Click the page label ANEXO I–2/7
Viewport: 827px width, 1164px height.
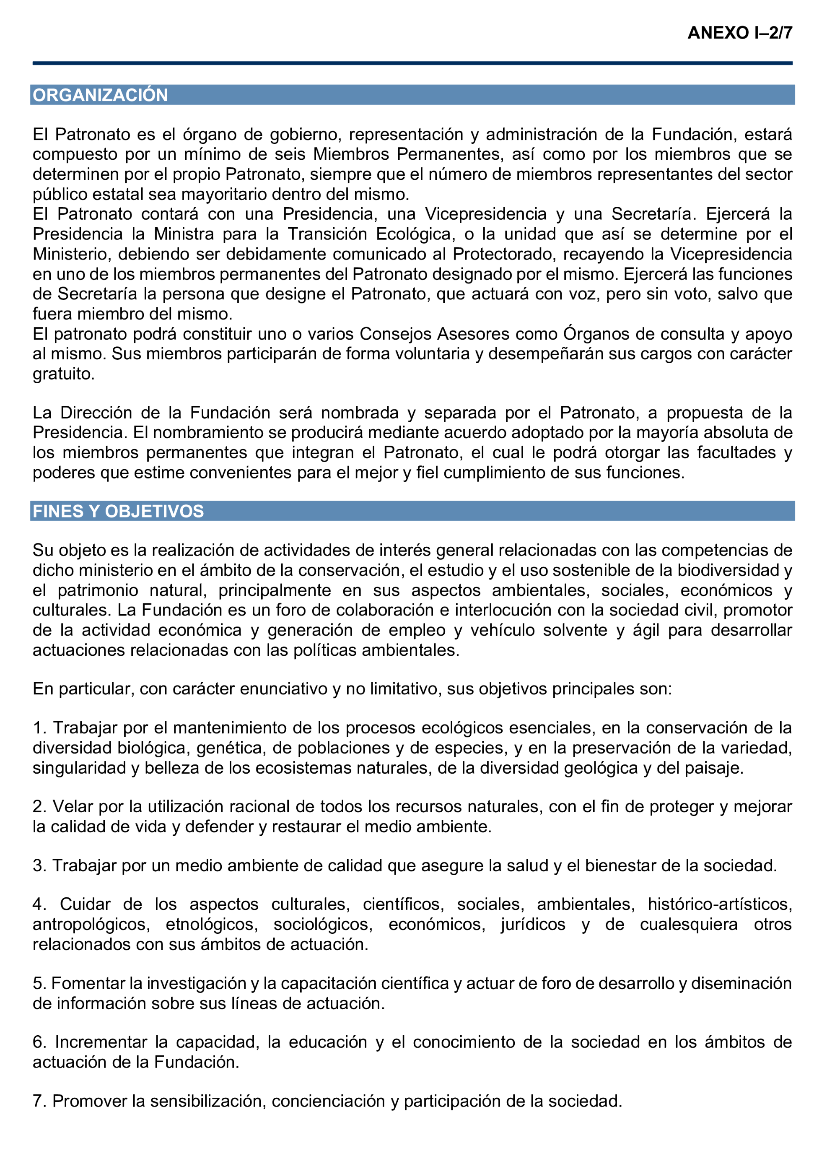tap(739, 33)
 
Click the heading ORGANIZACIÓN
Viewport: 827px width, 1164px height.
tap(100, 95)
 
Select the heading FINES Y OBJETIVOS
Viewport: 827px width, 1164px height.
tap(118, 511)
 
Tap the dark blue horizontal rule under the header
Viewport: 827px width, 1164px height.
tap(412, 63)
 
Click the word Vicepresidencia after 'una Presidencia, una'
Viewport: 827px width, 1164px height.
tap(485, 214)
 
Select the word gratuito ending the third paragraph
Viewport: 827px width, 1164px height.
tap(63, 374)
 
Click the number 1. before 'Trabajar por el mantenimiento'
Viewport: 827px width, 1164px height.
tap(39, 727)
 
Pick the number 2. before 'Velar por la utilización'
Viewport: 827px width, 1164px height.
tap(39, 806)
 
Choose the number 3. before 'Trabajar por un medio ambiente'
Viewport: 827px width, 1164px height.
tap(39, 865)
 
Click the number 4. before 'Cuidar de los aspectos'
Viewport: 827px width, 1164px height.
tap(39, 904)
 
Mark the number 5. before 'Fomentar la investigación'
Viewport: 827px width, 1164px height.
tap(39, 983)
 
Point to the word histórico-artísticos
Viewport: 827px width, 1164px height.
tap(719, 904)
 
